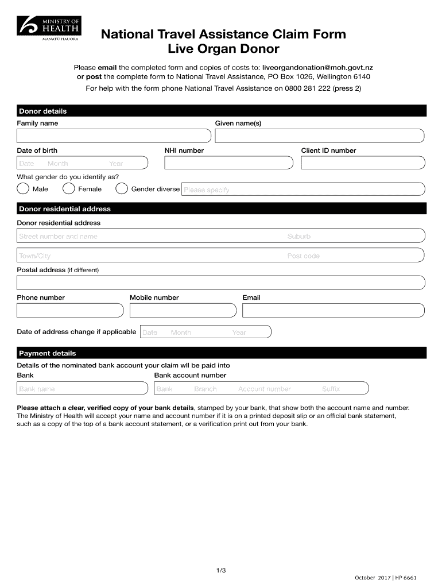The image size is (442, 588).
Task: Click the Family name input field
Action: (114, 136)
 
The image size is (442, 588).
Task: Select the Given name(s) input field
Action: (319, 136)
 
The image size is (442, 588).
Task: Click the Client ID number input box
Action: (362, 163)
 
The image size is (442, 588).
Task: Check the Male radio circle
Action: (23, 189)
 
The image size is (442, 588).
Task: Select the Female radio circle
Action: (68, 189)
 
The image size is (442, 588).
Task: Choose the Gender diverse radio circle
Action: (122, 189)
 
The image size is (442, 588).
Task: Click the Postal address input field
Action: (221, 283)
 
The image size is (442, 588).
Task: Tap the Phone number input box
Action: (70, 310)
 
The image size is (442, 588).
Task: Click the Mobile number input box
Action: (183, 310)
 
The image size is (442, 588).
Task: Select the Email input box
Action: (334, 310)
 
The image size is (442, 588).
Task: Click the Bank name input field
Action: (83, 389)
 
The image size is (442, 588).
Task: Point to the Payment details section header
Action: (48, 353)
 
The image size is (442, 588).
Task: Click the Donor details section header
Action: (43, 111)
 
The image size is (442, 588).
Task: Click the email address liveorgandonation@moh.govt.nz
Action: (317, 68)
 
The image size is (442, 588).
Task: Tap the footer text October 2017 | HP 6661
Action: (385, 577)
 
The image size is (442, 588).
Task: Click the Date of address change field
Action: (205, 332)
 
